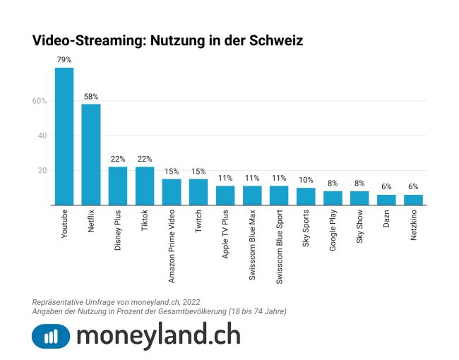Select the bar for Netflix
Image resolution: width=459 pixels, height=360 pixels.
(x=91, y=155)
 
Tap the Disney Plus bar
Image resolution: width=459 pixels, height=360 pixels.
(x=118, y=186)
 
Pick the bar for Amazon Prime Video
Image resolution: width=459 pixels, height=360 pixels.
(x=172, y=192)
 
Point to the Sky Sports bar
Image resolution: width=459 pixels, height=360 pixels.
(x=306, y=196)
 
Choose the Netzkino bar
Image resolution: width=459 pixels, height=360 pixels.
(x=413, y=200)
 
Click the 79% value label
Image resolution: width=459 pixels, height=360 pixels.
(x=64, y=61)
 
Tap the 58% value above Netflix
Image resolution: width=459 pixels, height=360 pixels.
(x=91, y=97)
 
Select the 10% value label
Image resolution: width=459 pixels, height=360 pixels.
(x=306, y=181)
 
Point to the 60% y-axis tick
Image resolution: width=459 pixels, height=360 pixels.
(x=39, y=101)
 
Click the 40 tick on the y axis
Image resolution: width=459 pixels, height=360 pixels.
(x=42, y=136)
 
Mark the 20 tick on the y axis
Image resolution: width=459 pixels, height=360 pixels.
(x=42, y=170)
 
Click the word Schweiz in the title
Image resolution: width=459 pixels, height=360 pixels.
(x=276, y=40)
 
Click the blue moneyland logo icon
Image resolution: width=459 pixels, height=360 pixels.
(x=51, y=336)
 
